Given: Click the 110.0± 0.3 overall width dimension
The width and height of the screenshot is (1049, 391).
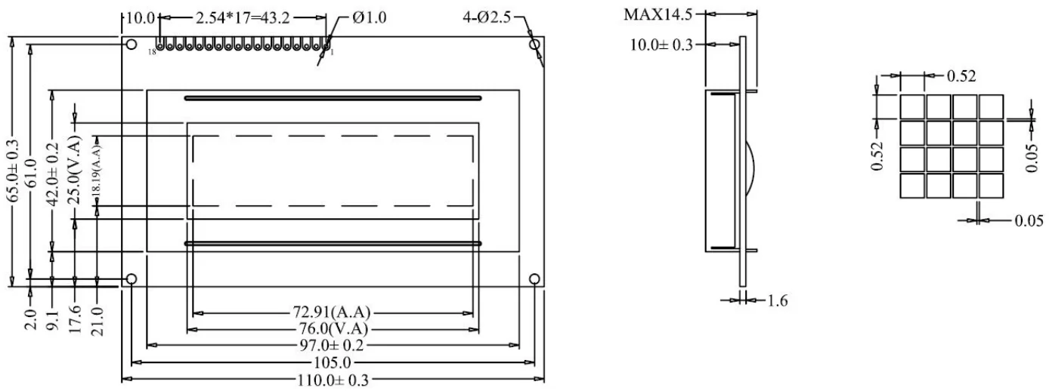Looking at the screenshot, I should tap(333, 380).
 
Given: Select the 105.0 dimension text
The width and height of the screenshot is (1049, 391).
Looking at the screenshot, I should tap(333, 362).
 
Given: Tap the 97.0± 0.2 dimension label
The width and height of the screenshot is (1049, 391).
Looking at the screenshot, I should tap(333, 346).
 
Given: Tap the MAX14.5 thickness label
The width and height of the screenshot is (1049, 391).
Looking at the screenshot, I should tap(658, 14).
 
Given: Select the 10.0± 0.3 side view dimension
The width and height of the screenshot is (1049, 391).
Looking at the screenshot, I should tap(661, 45).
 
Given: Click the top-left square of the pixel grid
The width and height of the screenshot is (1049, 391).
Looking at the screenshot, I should tap(912, 106).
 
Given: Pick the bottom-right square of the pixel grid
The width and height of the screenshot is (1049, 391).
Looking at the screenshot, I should tap(991, 185).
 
